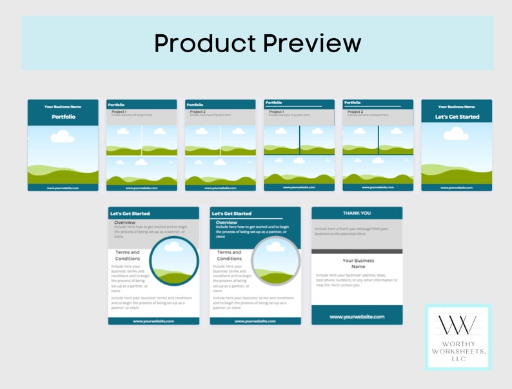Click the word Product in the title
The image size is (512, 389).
(204, 43)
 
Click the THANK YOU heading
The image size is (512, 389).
(357, 213)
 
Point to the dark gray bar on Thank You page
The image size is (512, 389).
(357, 251)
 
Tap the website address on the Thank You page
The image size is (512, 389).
(357, 317)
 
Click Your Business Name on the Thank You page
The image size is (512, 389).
(357, 263)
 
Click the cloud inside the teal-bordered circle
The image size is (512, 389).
(173, 246)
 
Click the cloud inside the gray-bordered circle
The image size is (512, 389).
(275, 246)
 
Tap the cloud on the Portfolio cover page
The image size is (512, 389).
(63, 135)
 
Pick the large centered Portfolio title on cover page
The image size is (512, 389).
(63, 117)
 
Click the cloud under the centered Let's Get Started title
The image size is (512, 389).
(456, 134)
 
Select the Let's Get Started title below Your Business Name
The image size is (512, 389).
(457, 117)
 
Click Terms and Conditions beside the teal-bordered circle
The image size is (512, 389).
(127, 255)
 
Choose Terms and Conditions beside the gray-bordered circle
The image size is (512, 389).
(229, 255)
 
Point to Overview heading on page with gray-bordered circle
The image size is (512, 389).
(226, 223)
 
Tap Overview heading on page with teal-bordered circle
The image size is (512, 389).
(124, 223)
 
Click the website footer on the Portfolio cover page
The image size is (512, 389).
(63, 188)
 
